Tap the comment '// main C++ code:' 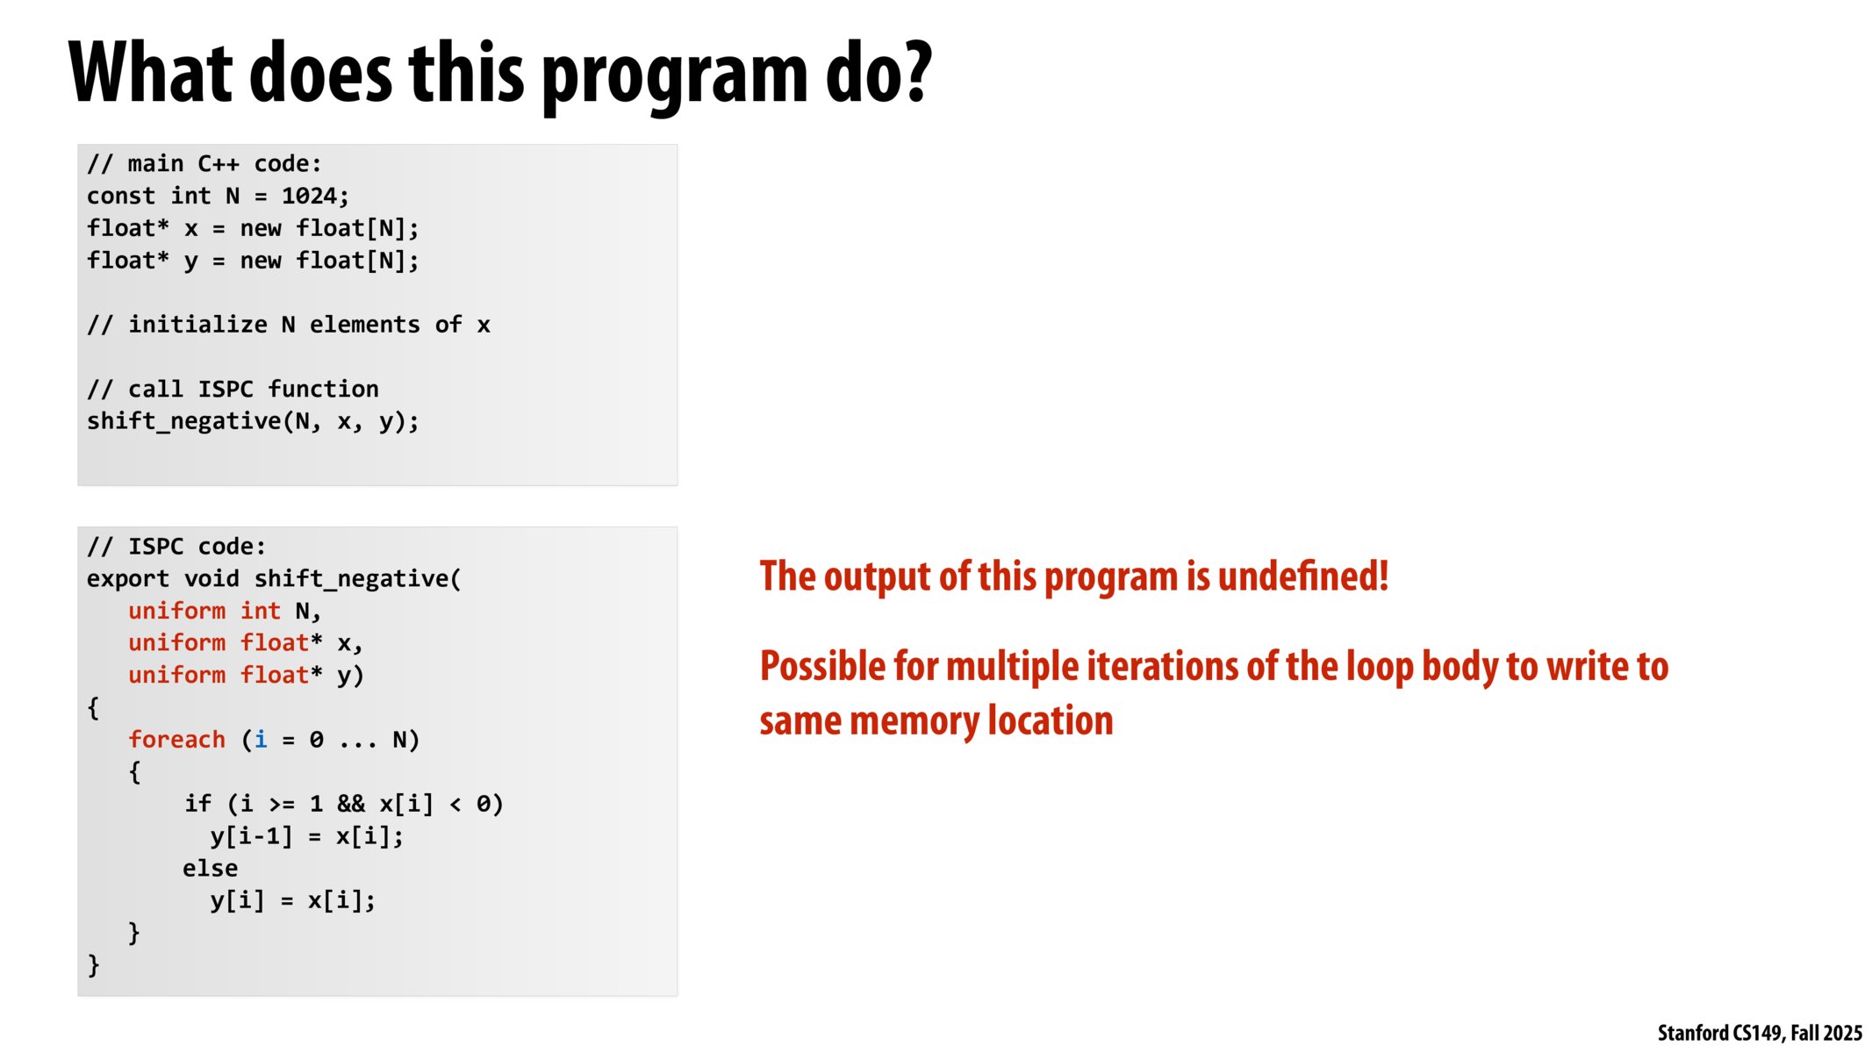tap(204, 164)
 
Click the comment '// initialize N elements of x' tap(288, 325)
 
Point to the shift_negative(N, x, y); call tap(253, 421)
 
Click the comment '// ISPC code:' tap(176, 547)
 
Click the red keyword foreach tap(176, 740)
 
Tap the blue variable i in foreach tap(261, 740)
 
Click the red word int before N tap(260, 611)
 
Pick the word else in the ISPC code tap(210, 869)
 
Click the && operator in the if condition tap(351, 804)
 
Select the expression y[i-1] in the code tap(251, 836)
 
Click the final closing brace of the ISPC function tap(94, 965)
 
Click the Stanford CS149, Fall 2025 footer tap(1759, 1033)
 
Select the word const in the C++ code tap(120, 196)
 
